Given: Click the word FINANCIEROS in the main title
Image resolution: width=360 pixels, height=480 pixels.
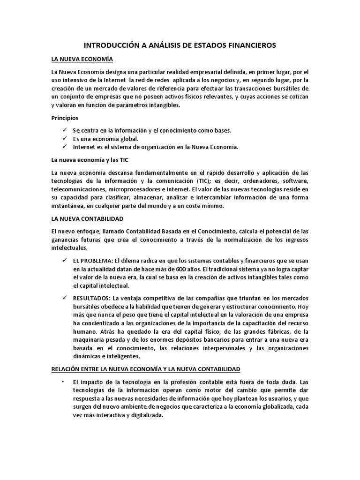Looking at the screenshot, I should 249,45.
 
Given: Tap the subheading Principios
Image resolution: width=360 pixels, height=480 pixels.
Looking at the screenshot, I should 65,118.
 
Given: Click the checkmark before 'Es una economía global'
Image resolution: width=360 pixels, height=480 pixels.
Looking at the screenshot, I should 65,138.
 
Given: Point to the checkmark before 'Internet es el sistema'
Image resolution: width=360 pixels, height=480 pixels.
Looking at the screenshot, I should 65,147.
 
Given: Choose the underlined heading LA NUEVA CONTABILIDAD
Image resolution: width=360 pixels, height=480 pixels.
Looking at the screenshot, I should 88,218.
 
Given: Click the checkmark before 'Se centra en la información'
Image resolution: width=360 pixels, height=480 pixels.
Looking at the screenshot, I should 65,130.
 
